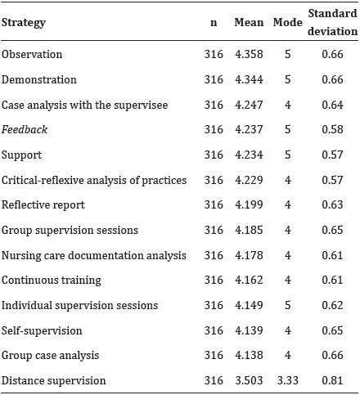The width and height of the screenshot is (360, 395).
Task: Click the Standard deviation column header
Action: (x=332, y=23)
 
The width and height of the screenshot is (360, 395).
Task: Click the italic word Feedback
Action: (x=25, y=130)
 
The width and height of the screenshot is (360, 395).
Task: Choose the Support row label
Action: (x=21, y=155)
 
